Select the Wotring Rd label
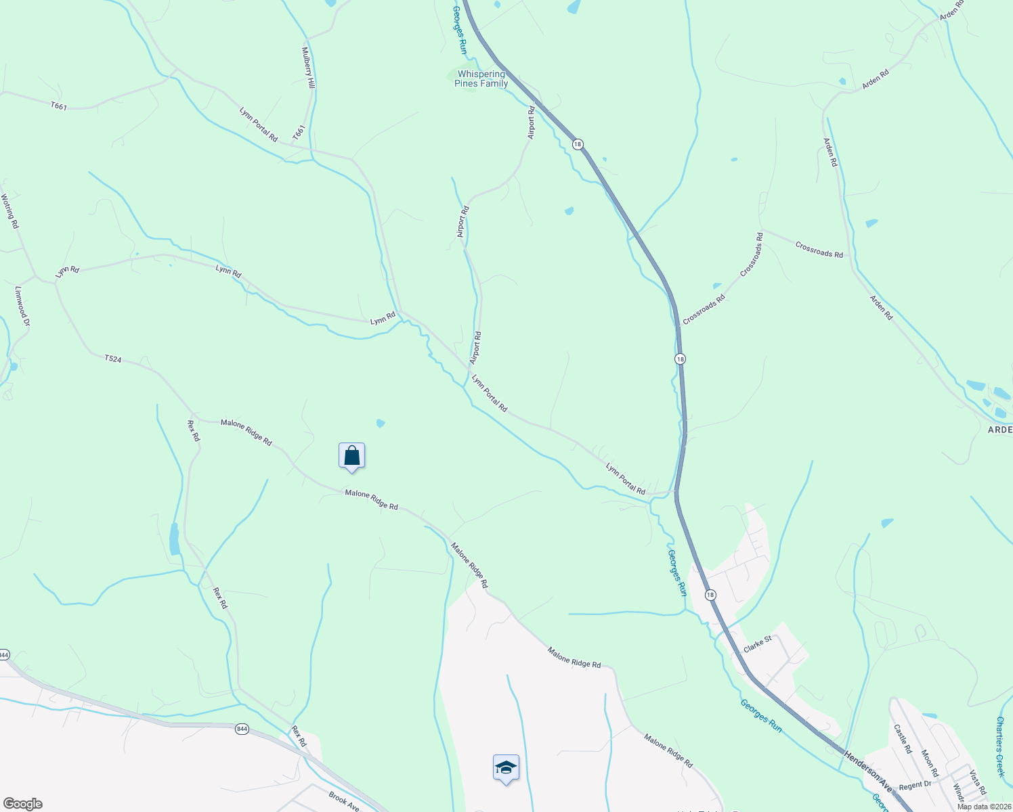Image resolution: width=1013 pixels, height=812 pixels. pos(9,211)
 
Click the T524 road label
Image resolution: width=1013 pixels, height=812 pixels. pos(113,359)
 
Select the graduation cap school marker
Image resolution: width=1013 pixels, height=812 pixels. pos(506,768)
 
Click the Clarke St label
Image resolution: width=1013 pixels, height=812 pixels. pos(758,644)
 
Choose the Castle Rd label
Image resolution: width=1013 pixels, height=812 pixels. pos(904,739)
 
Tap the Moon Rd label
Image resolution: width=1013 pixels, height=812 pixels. pos(930,763)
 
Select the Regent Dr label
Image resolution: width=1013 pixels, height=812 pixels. pos(915,786)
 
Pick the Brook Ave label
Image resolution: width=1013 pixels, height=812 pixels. pos(344,801)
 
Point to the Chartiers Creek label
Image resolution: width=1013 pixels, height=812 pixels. pos(1000,746)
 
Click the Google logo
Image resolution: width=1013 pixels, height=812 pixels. pos(23,804)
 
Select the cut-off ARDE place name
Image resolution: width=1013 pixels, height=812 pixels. pos(999,430)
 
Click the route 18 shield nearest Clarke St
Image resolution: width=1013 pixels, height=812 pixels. pos(710,595)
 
